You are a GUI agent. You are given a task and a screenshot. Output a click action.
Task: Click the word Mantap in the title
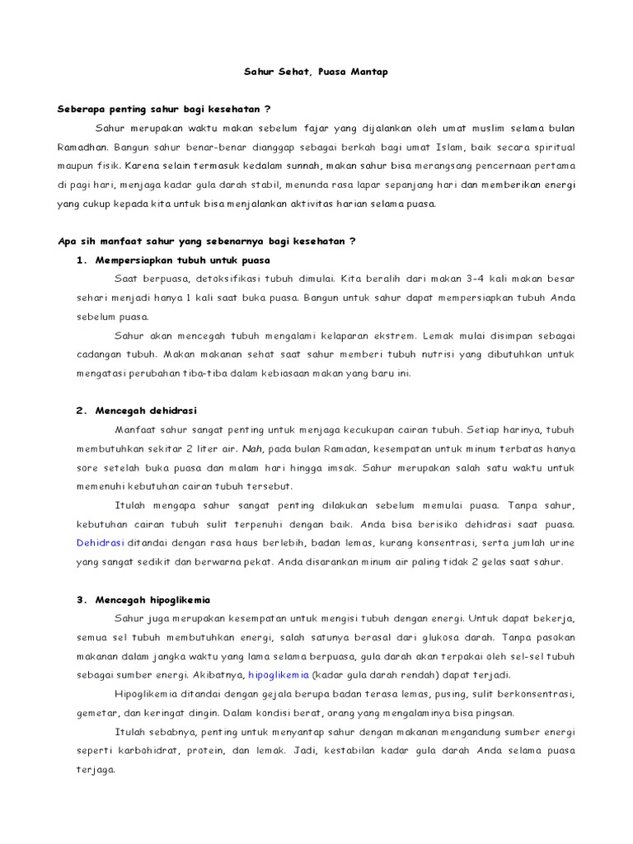[x=368, y=73]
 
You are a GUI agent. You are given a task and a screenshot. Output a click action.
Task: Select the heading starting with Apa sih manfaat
[x=206, y=241]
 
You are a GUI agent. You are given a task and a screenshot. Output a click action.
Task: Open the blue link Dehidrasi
[x=100, y=543]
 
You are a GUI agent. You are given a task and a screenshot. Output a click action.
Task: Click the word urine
[x=560, y=543]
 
